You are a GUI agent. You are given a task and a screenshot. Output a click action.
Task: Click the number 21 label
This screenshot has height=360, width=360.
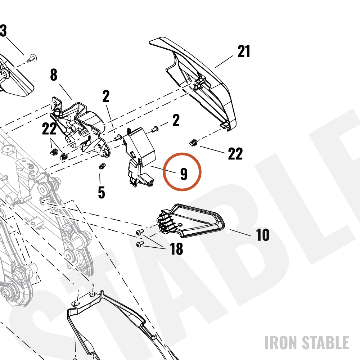(244, 51)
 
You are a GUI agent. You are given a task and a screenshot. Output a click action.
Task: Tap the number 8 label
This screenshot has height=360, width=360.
(54, 75)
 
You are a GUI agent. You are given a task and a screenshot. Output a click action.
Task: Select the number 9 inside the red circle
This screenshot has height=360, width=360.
(184, 174)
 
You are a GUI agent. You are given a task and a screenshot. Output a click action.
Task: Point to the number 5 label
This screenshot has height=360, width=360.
(101, 192)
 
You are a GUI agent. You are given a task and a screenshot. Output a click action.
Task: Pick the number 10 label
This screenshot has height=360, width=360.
(262, 235)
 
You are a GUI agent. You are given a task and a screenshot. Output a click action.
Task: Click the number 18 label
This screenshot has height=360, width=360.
(176, 249)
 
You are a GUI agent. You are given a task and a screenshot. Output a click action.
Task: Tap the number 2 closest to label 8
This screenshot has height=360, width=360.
(106, 96)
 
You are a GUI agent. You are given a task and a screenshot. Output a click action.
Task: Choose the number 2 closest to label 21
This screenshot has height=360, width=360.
(176, 120)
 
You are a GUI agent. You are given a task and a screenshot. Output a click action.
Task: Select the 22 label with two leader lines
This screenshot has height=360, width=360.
(49, 129)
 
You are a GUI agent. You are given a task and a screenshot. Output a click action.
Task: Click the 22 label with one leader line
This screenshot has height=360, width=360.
(235, 154)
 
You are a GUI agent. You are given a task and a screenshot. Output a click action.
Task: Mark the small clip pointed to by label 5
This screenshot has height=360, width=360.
(102, 166)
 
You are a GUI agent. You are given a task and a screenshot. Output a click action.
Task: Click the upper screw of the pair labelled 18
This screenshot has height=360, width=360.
(140, 232)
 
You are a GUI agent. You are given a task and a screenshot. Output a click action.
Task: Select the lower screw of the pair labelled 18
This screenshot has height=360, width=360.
(140, 244)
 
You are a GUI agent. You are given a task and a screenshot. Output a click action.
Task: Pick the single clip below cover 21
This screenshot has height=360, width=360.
(193, 143)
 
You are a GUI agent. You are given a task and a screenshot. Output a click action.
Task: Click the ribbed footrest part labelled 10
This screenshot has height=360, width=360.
(191, 220)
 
